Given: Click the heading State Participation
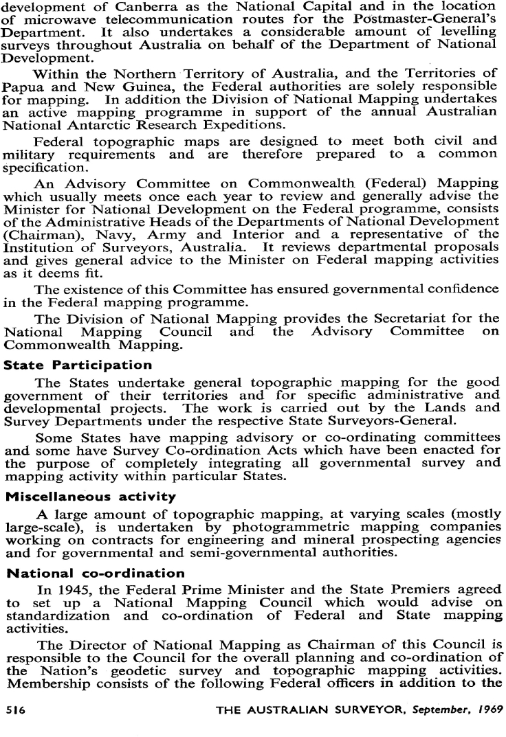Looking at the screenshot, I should [x=67, y=365].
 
